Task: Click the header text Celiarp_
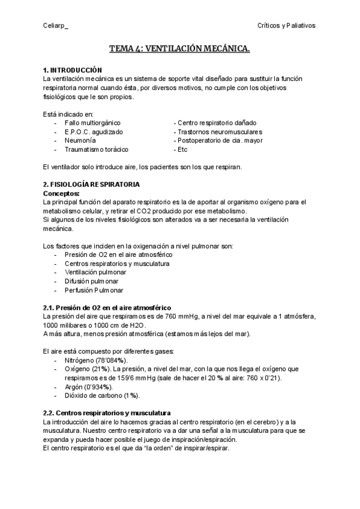pos(56,25)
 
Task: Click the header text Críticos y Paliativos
pos(286,25)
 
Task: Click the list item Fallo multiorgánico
pos(92,122)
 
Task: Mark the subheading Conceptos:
pos(61,193)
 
